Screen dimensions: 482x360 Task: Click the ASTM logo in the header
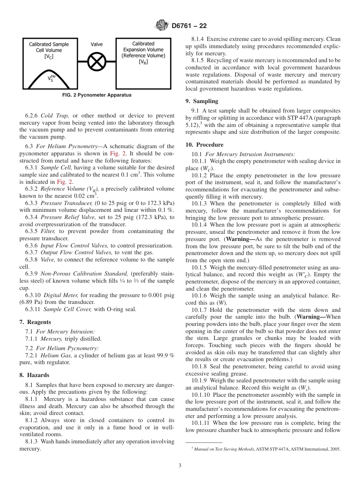pos(162,26)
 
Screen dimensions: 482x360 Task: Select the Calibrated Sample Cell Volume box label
pos(49,50)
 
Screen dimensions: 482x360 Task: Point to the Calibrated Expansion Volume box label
pos(143,53)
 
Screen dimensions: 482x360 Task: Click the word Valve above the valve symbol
pos(97,44)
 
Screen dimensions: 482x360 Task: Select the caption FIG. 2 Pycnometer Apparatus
pos(97,95)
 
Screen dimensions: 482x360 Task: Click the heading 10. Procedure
pos(204,145)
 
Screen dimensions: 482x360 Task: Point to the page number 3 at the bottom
pos(180,465)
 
